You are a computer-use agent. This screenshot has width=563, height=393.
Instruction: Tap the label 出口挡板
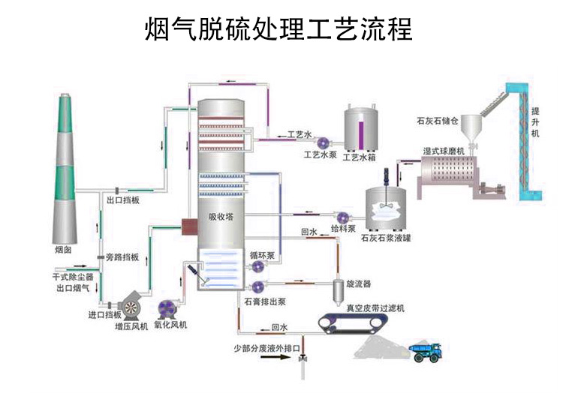[122, 201]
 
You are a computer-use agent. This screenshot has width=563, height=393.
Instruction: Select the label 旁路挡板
[122, 258]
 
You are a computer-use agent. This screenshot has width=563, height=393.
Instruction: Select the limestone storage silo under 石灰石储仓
[471, 127]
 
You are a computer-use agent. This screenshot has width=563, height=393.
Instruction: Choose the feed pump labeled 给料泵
[345, 214]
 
